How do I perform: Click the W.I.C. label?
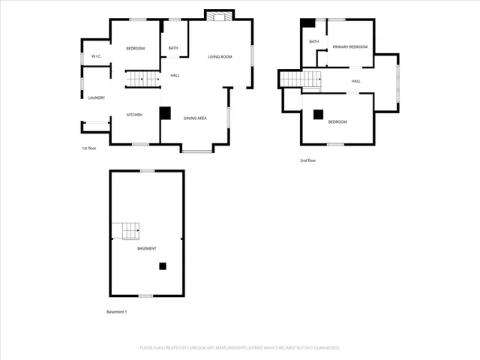pos(97,56)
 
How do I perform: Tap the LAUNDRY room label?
pos(96,97)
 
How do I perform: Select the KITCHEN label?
pos(134,115)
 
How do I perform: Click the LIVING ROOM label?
pos(220,57)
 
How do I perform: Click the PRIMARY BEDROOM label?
pos(350,47)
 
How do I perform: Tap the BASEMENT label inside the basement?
pos(147,248)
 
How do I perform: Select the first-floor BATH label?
pos(173,49)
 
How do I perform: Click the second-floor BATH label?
pos(313,42)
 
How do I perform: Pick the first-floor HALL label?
pos(175,75)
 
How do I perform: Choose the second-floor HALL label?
pos(356,81)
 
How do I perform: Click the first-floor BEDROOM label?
pos(135,49)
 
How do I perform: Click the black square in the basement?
pos(163,265)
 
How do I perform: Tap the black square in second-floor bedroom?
pos(318,115)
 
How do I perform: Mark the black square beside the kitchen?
pos(165,113)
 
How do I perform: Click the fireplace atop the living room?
pos(219,17)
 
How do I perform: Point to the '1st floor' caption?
pos(89,148)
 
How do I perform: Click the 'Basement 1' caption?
pos(116,311)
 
